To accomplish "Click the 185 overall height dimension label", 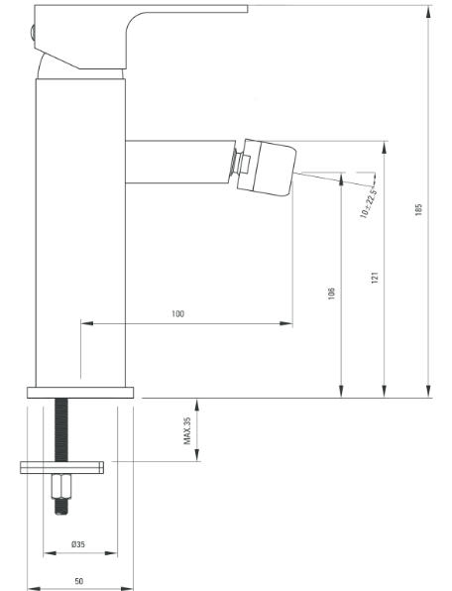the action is coord(418,209).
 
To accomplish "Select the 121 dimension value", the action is coord(375,278).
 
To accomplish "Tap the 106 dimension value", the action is coord(331,294).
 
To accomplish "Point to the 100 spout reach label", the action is coord(177,313).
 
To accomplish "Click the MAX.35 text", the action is coord(187,430).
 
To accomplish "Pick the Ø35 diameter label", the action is coord(78,544).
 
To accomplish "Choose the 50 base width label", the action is coord(78,581).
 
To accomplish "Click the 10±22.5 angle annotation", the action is coord(369,202).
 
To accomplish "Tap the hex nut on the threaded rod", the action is coord(61,486).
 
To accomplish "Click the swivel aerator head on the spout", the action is coord(266,168).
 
